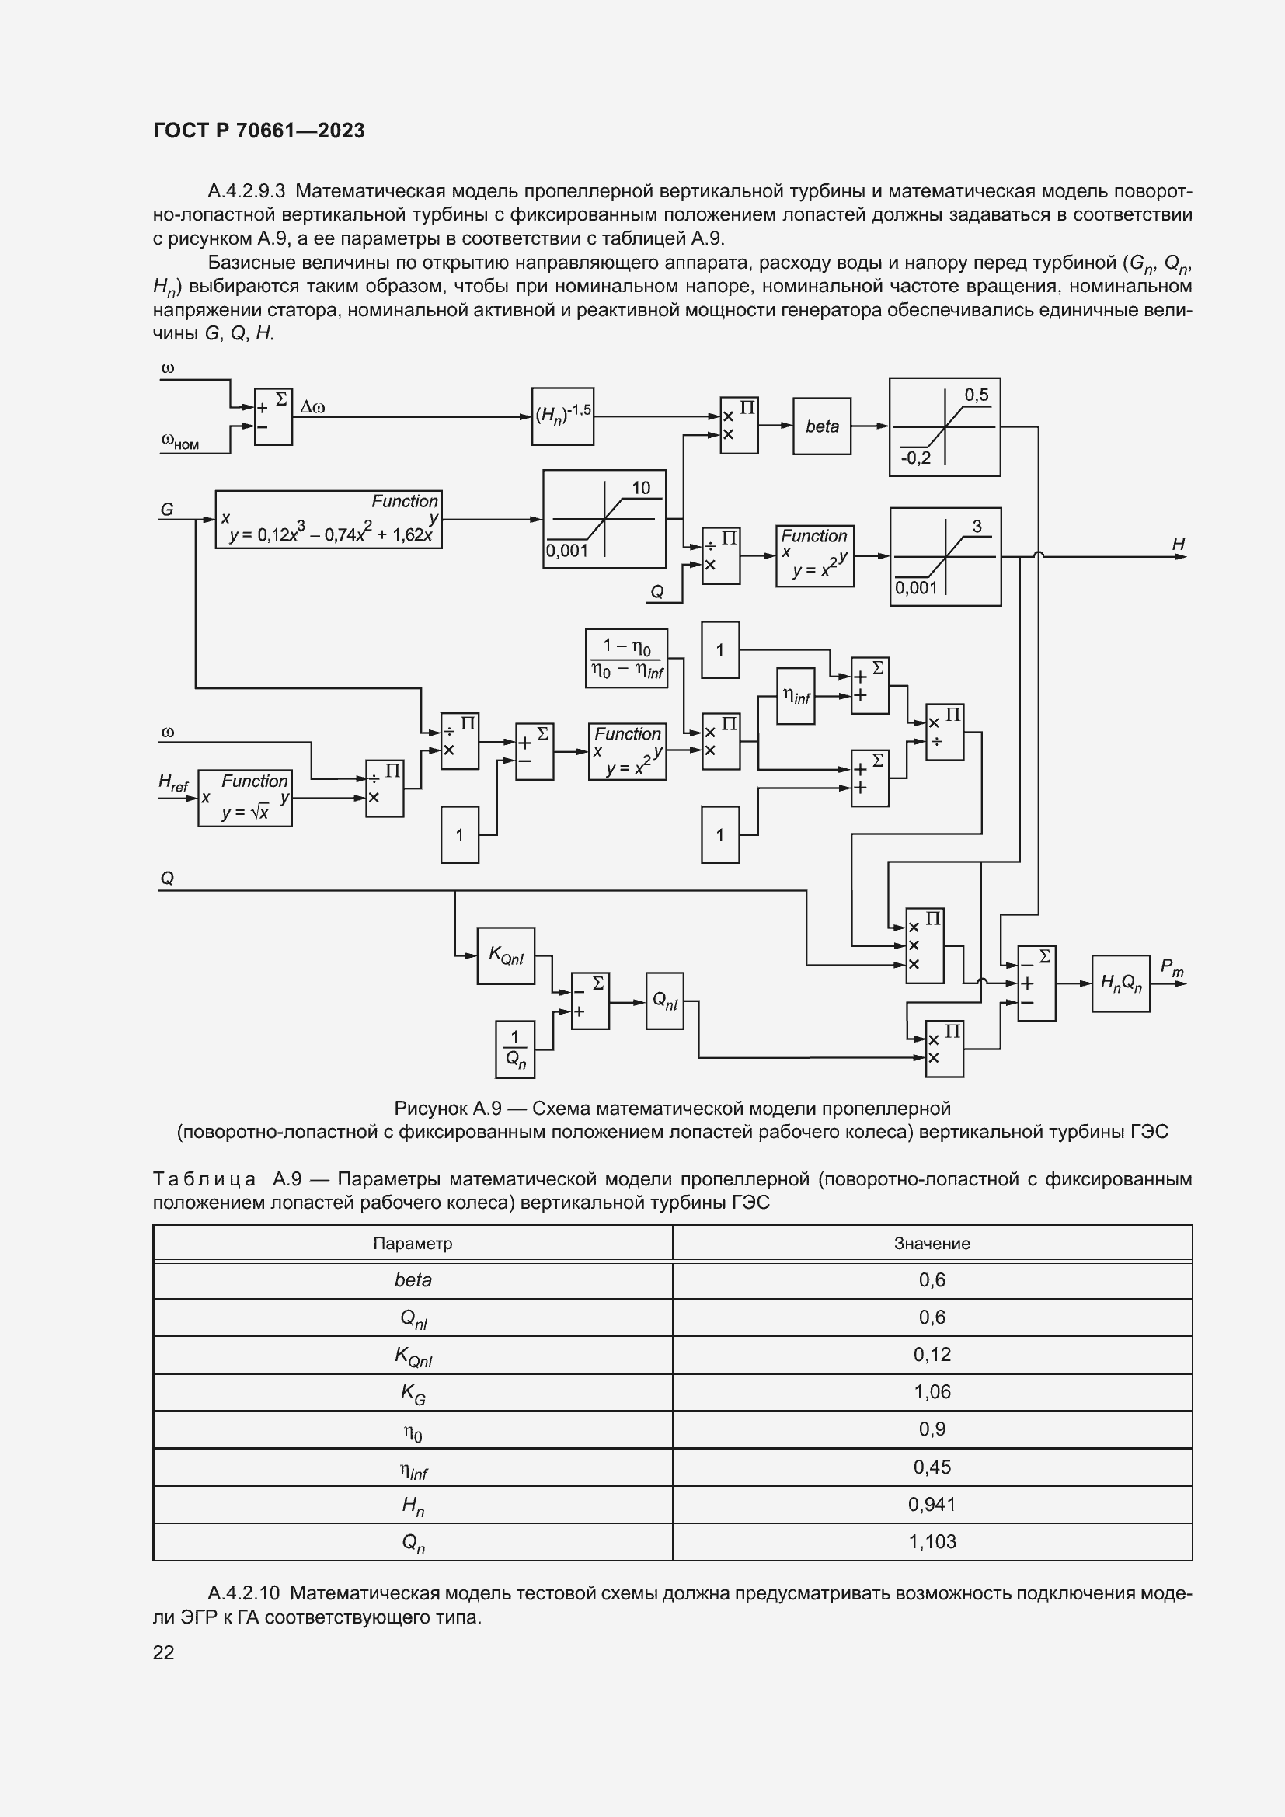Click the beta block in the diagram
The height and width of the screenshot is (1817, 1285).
pyautogui.click(x=821, y=426)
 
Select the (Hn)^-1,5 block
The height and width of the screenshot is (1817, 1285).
pyautogui.click(x=562, y=416)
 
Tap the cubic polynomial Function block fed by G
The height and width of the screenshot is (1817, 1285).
pyautogui.click(x=329, y=520)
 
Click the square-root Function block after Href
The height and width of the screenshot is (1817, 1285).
pyautogui.click(x=245, y=799)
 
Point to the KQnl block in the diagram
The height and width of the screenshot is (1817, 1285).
pyautogui.click(x=506, y=956)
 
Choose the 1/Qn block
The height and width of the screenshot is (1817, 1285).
pyautogui.click(x=514, y=1049)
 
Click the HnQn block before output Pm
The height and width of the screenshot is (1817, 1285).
pyautogui.click(x=1120, y=983)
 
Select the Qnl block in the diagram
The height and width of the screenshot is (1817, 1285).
pyautogui.click(x=665, y=1001)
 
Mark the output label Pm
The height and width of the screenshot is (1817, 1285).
pyautogui.click(x=1171, y=968)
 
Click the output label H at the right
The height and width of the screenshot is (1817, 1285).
pyautogui.click(x=1179, y=545)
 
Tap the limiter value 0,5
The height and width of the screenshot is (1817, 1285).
pyautogui.click(x=977, y=395)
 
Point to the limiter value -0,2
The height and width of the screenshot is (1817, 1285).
pyautogui.click(x=915, y=459)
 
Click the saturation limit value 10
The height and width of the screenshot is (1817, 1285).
pyautogui.click(x=641, y=489)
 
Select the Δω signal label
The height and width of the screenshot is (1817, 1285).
pyautogui.click(x=312, y=408)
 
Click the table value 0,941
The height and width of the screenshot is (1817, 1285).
pyautogui.click(x=932, y=1505)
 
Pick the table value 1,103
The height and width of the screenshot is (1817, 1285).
pyautogui.click(x=932, y=1541)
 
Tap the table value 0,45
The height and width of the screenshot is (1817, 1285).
pyautogui.click(x=932, y=1467)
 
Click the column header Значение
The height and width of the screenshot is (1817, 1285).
pyautogui.click(x=932, y=1243)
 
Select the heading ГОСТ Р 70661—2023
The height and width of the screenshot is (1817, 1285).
pyautogui.click(x=259, y=131)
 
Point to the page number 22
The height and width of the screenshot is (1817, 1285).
pyautogui.click(x=164, y=1652)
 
